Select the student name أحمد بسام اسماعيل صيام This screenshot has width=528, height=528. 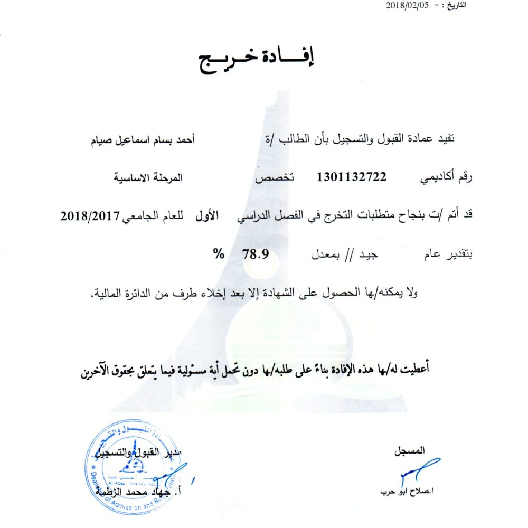pyautogui.click(x=145, y=139)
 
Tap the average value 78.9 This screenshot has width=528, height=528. pyautogui.click(x=256, y=253)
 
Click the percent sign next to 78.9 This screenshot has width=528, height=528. pyautogui.click(x=218, y=253)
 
